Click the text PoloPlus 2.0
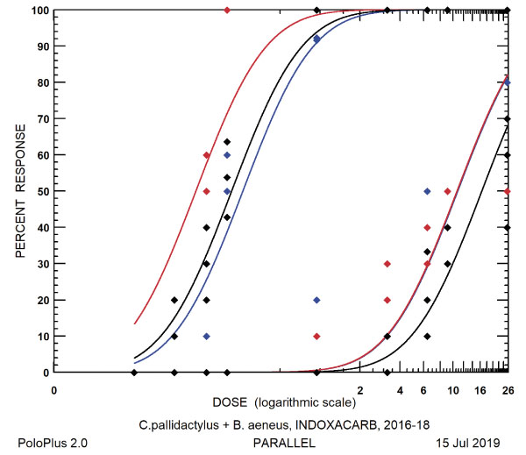click(x=52, y=444)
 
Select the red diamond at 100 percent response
click(x=227, y=11)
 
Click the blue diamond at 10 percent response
click(x=206, y=336)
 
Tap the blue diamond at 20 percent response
click(x=316, y=300)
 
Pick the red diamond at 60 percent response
click(x=206, y=155)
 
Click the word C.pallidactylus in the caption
click(x=178, y=425)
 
